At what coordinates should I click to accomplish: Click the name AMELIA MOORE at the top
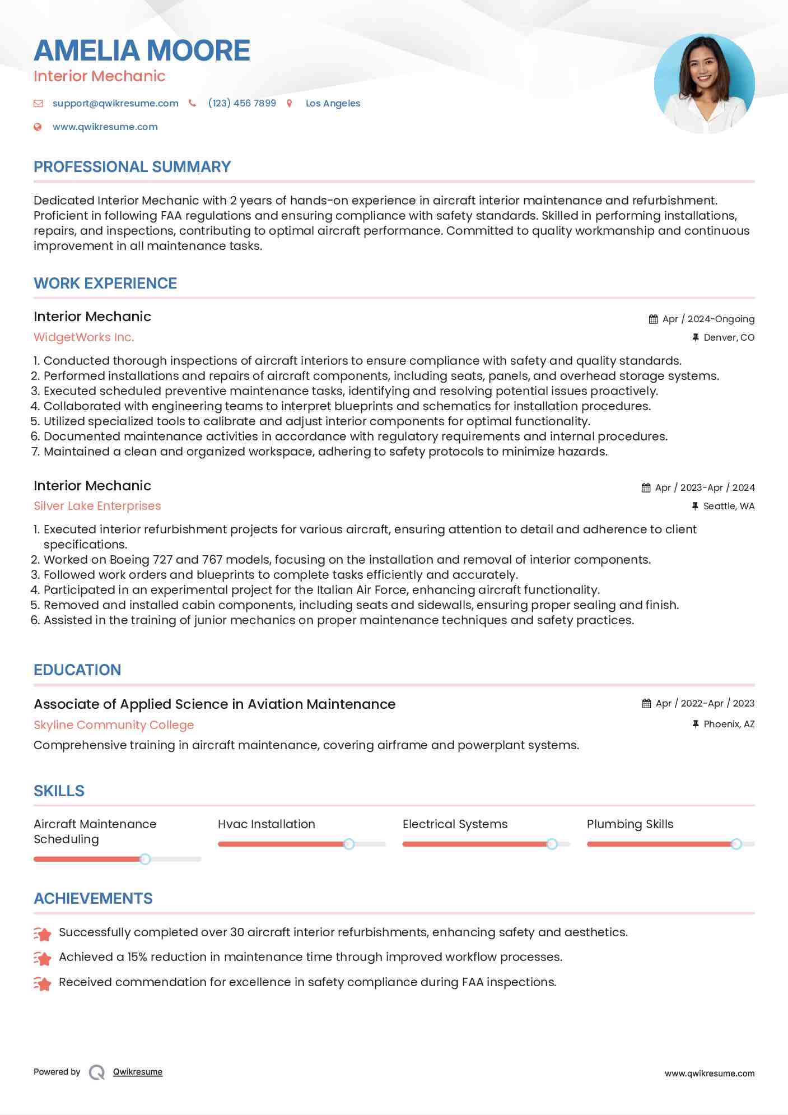click(142, 50)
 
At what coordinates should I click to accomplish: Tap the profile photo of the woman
click(704, 83)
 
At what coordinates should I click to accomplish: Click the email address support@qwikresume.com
click(115, 103)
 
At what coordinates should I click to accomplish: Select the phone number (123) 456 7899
click(241, 103)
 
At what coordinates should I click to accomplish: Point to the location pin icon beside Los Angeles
click(290, 103)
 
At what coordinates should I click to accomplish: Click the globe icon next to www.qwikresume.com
click(38, 127)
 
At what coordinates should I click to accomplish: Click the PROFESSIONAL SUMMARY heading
click(132, 167)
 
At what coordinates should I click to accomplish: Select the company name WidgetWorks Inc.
click(83, 337)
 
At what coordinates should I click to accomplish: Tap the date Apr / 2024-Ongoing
click(708, 319)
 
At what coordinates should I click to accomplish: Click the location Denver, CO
click(729, 337)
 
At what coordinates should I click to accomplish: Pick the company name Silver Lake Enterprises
click(97, 506)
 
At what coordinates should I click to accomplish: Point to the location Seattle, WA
click(729, 506)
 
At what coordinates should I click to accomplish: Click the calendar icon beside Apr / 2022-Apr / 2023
click(646, 703)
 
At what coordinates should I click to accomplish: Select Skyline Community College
click(114, 724)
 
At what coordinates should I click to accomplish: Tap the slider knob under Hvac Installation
click(349, 844)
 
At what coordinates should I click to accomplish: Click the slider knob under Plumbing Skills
click(736, 844)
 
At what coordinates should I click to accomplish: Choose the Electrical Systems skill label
click(455, 824)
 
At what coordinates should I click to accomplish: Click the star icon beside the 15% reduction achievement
click(43, 958)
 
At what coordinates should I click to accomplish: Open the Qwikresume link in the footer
click(138, 1072)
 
